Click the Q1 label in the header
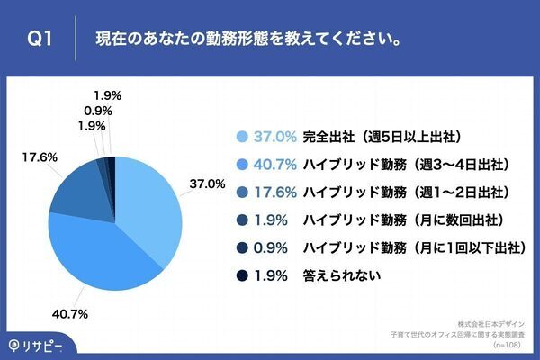41,40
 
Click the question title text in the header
248,40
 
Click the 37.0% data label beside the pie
206,184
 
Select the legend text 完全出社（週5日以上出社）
383,137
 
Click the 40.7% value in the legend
275,165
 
